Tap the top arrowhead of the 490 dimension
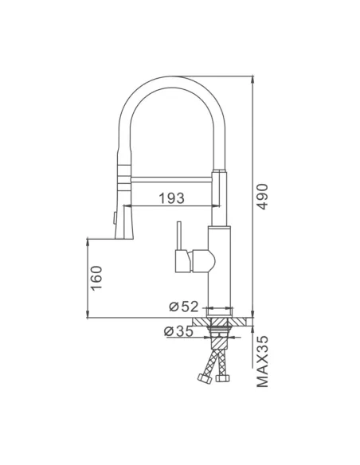click(253, 77)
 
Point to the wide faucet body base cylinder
click(221, 271)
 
